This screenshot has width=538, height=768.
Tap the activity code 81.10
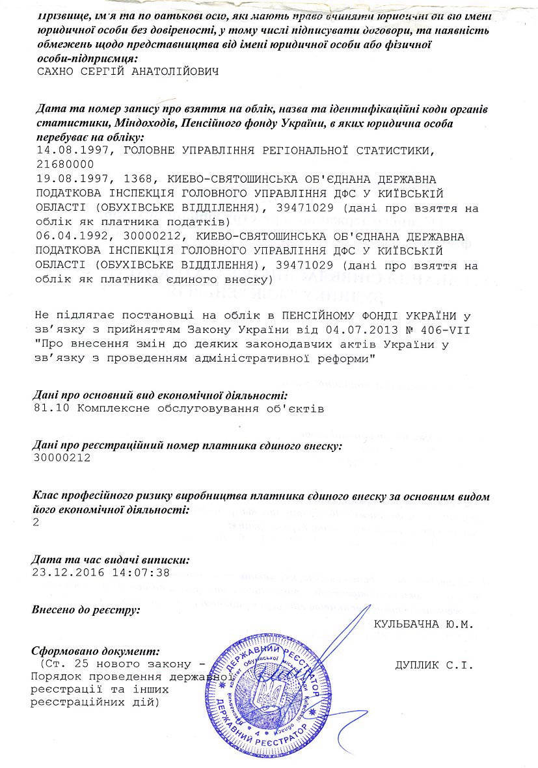[50, 408]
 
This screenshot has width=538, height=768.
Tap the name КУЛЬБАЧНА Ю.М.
[423, 622]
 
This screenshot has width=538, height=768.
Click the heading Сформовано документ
[96, 650]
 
